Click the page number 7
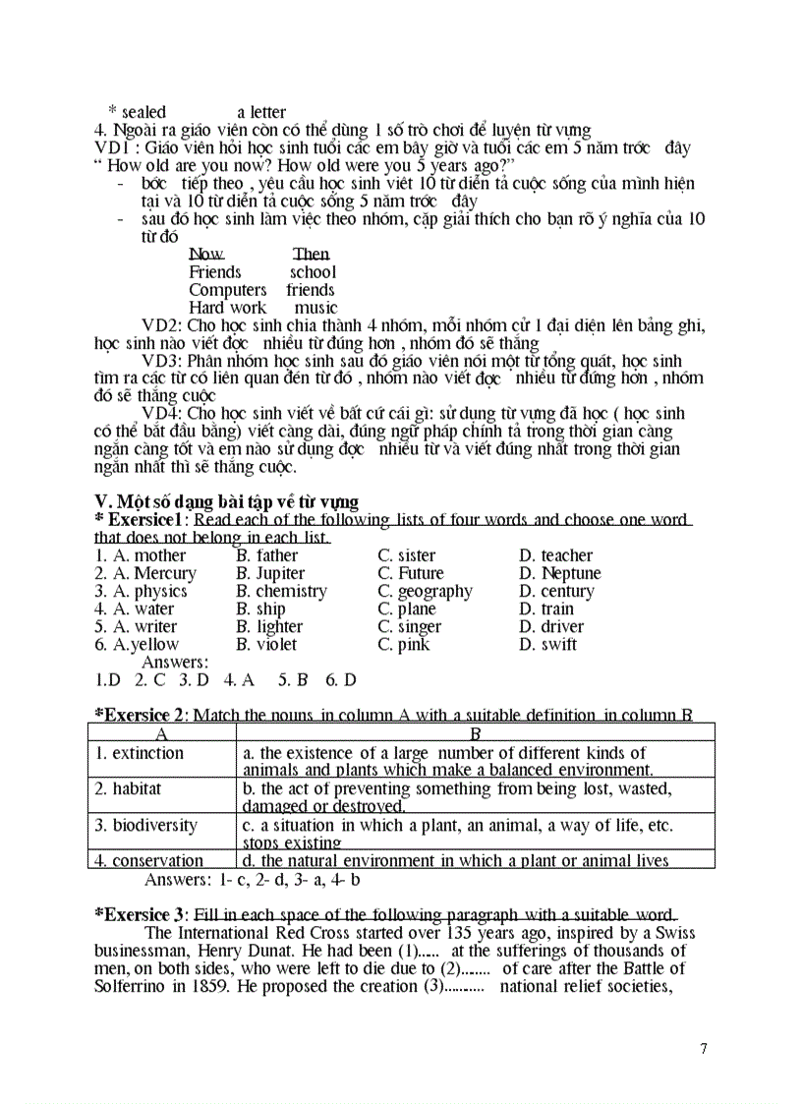point(703,1048)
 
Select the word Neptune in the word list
point(571,573)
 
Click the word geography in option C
point(434,591)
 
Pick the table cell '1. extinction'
point(140,753)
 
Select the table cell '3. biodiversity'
point(145,825)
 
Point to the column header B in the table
point(475,733)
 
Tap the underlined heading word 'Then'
point(311,255)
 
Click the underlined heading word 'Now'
point(206,255)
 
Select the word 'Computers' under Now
point(227,290)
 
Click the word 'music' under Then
point(315,308)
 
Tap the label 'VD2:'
point(162,325)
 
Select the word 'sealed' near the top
point(143,112)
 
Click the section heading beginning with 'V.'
point(226,502)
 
